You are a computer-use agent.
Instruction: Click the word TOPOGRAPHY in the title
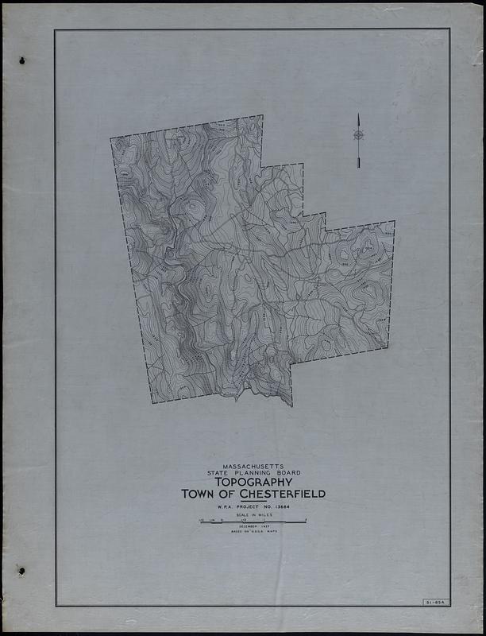point(250,482)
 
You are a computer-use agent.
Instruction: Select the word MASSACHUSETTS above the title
point(250,466)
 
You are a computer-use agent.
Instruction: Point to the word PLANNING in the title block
point(252,473)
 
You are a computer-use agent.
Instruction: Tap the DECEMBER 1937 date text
point(250,528)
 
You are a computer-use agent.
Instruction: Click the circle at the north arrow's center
point(358,135)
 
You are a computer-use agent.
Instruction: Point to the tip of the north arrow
point(358,114)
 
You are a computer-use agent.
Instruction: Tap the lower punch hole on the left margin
point(21,571)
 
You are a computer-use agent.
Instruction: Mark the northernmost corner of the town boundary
point(262,116)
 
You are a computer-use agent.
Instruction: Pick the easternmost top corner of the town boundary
point(394,222)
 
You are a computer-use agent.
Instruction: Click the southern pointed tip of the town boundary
point(291,405)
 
